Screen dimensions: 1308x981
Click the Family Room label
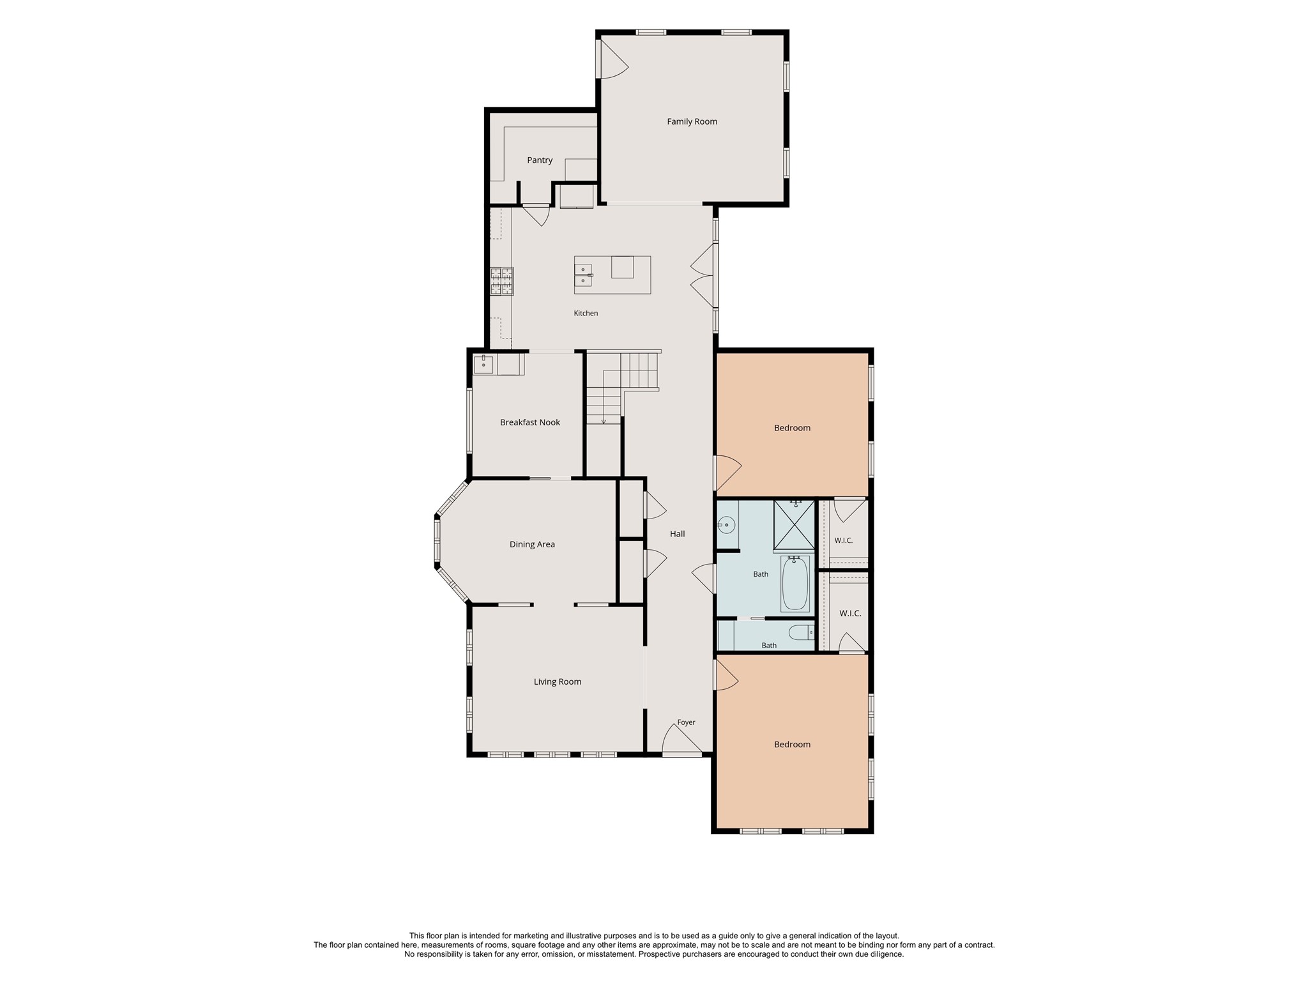692,121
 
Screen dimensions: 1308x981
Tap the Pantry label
540,160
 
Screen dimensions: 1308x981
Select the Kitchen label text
586,313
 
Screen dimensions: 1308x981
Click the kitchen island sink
583,275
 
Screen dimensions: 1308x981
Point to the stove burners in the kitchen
501,281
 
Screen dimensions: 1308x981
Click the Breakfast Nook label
530,422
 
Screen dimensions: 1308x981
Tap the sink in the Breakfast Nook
483,364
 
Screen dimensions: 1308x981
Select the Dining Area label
532,544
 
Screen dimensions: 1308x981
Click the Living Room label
558,681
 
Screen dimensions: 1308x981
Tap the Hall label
677,534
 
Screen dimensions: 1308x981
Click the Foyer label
686,722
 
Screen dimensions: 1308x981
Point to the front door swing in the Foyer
682,738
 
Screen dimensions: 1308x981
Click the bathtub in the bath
795,584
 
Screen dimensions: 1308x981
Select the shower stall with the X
795,525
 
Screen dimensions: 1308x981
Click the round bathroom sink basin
727,526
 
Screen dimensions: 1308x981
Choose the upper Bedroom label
792,428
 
